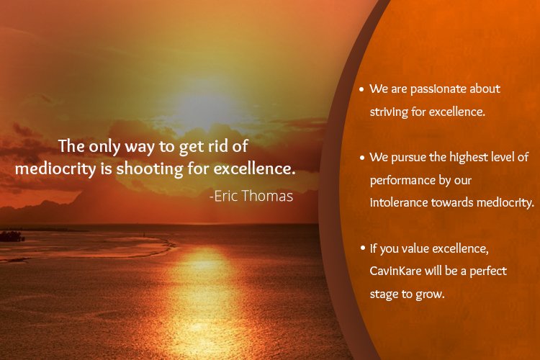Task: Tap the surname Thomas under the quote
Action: coord(267,196)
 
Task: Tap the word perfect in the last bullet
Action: coord(488,271)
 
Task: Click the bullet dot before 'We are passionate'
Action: coord(361,89)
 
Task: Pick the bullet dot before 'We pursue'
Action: coord(362,158)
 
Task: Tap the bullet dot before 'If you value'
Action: coord(363,248)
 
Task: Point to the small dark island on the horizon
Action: coord(12,236)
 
